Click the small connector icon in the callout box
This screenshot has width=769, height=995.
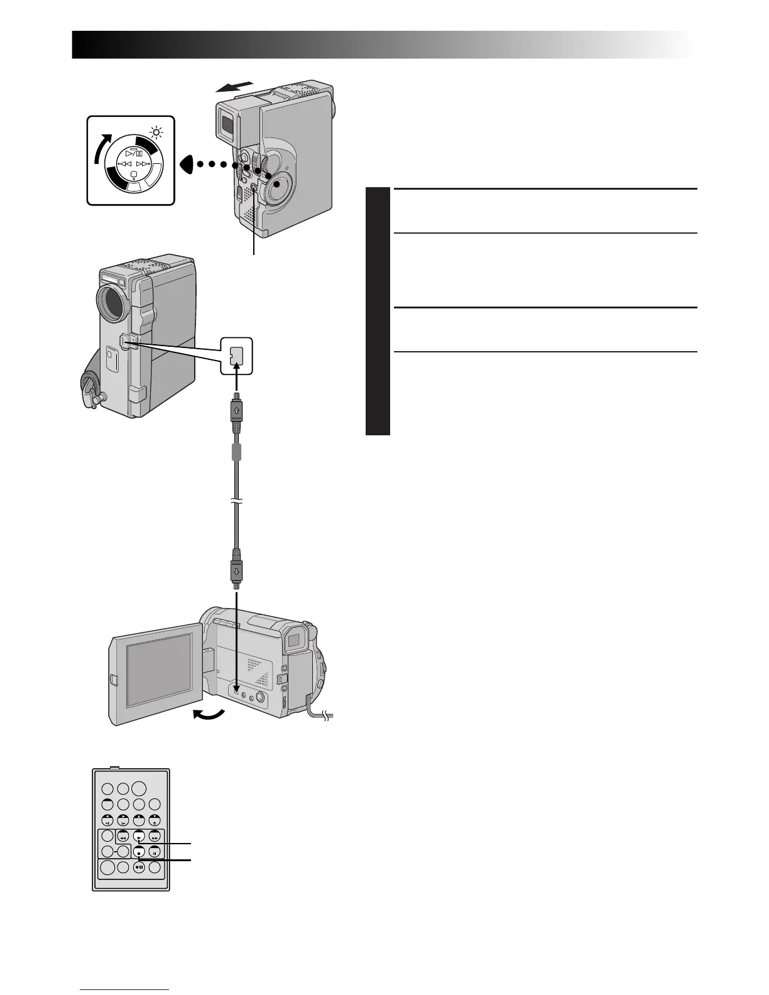[x=236, y=355]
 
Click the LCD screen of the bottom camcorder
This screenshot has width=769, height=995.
[x=160, y=669]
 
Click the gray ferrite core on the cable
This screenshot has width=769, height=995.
[x=236, y=452]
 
